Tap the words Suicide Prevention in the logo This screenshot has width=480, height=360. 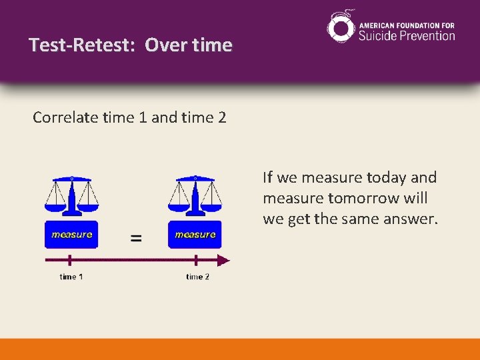[x=407, y=35]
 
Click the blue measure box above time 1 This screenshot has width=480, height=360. [x=71, y=235]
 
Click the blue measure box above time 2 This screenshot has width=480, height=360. [x=195, y=235]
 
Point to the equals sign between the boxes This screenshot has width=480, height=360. [x=136, y=238]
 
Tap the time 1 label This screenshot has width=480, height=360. [x=71, y=277]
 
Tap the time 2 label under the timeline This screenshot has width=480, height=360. [x=197, y=277]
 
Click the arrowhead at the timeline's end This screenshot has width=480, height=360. [x=224, y=259]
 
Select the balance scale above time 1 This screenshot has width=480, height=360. [x=71, y=197]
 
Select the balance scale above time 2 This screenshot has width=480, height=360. [x=195, y=197]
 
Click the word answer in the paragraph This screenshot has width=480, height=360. [x=411, y=219]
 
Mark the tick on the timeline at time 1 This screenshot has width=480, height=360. [x=71, y=259]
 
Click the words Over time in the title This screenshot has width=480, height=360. [x=189, y=45]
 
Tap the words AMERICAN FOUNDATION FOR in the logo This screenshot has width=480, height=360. [x=407, y=21]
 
